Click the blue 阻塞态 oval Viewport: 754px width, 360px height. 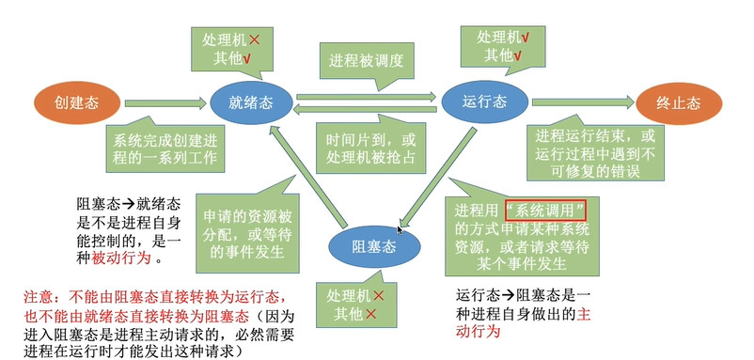click(374, 247)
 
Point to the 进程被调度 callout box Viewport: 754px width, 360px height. click(368, 62)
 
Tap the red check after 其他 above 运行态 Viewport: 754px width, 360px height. click(518, 55)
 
